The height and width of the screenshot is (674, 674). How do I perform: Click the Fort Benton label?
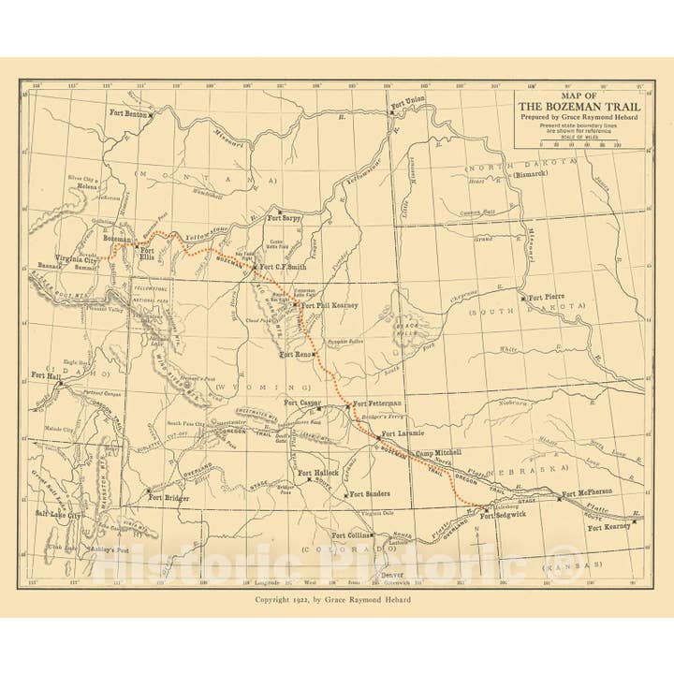[129, 113]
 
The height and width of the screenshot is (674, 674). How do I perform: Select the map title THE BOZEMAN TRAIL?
[580, 107]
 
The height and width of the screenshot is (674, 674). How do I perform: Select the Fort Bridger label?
[171, 497]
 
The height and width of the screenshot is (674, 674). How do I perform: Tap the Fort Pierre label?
[548, 298]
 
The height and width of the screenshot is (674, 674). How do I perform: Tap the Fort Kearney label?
[609, 527]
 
